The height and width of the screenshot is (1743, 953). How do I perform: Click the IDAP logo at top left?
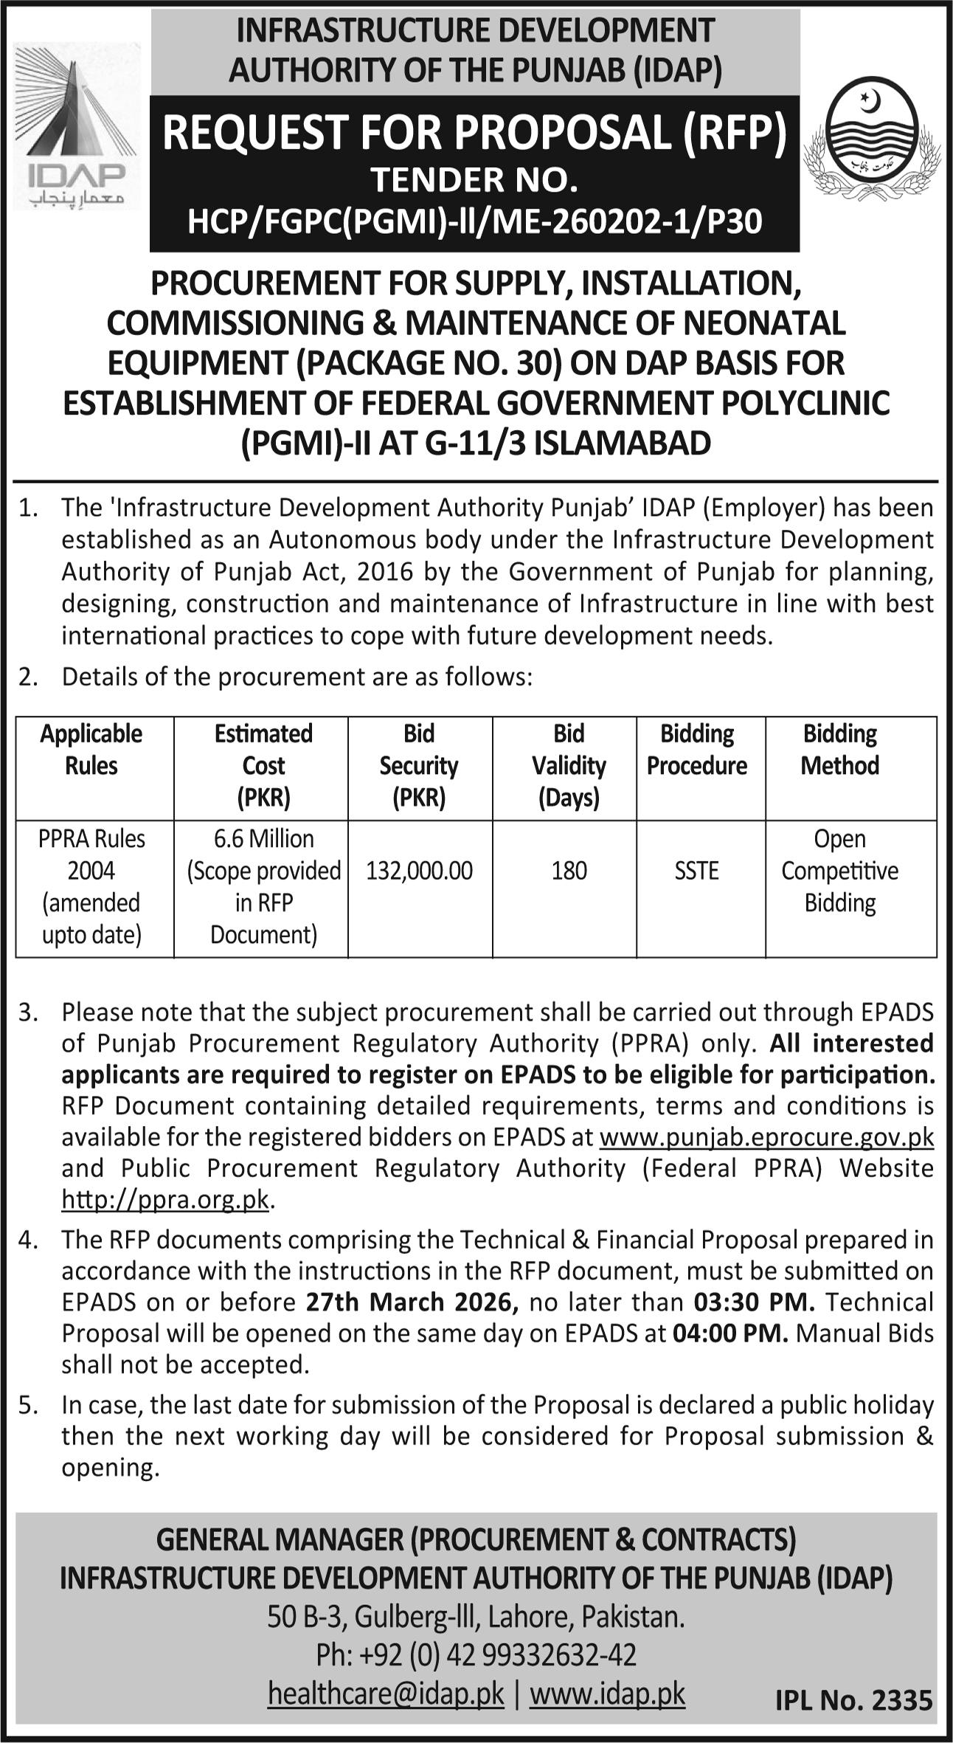75,125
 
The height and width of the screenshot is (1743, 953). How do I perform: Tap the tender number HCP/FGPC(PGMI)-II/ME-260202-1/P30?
474,221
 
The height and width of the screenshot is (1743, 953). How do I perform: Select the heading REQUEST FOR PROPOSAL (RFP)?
474,133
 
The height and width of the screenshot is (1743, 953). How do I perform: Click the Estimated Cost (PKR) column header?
263,765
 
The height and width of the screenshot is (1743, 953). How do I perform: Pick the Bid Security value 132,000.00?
419,871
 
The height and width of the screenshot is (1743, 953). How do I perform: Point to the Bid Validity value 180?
569,871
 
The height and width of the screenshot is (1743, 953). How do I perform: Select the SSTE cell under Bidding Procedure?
696,871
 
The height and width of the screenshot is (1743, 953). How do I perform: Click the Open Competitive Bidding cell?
839,871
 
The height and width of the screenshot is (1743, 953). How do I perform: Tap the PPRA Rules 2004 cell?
91,886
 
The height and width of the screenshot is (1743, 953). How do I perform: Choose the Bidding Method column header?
839,750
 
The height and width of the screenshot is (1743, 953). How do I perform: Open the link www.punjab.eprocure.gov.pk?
766,1137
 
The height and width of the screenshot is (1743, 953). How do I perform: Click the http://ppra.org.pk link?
165,1201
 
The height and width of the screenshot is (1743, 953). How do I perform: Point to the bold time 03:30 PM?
754,1302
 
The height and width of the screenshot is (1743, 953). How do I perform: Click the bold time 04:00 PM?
730,1333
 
